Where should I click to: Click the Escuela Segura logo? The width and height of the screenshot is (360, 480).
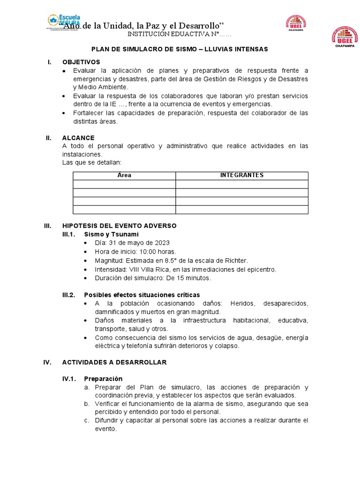point(64,22)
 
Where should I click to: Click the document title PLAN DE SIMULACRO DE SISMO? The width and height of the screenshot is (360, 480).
point(180,49)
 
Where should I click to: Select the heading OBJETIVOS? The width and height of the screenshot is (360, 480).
point(81,62)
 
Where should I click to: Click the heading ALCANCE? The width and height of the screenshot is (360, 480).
point(78,138)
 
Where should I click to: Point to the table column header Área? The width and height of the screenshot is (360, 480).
point(124,175)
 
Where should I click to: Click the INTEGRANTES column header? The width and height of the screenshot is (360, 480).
point(242,175)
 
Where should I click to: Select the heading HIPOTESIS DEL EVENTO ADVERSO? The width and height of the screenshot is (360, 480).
point(119,225)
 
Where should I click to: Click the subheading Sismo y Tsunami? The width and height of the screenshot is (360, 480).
point(111,234)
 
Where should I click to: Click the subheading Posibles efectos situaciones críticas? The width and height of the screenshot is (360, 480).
point(142,295)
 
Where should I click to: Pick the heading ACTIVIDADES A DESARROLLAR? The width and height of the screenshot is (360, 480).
point(114,362)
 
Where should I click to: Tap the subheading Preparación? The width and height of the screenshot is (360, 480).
point(103,379)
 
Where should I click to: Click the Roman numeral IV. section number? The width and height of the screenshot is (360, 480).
point(47,362)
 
